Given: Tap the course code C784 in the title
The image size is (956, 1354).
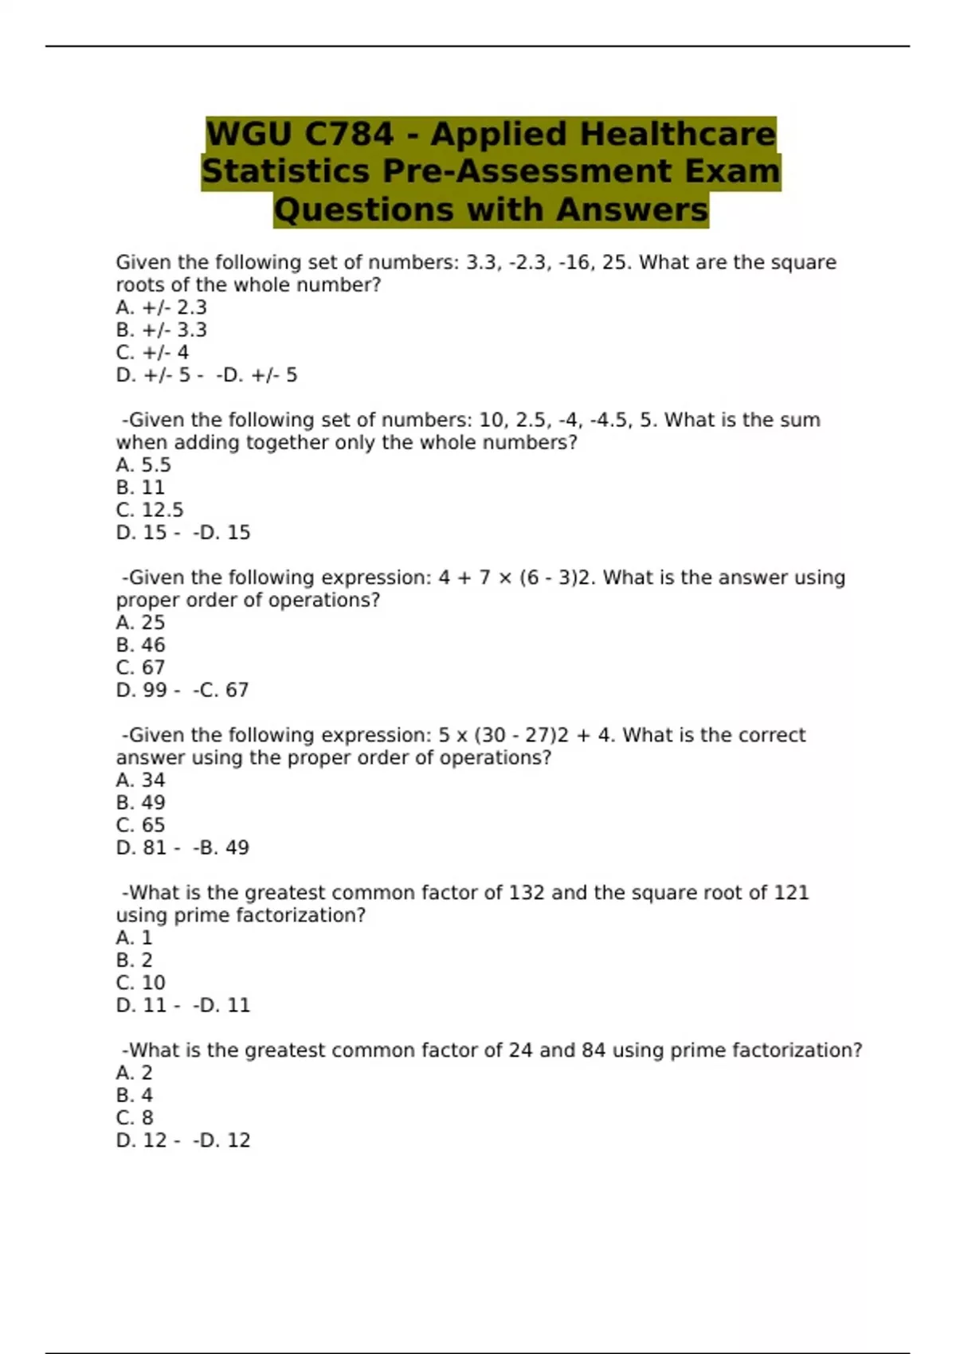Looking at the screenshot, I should (348, 134).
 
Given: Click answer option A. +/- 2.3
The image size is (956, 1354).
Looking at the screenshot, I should (161, 307).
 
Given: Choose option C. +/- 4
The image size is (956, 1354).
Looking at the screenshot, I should (152, 352).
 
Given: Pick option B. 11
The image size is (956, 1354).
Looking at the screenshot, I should (140, 487).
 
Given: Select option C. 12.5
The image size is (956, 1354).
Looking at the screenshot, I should (150, 510).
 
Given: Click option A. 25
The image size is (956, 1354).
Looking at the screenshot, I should (140, 622).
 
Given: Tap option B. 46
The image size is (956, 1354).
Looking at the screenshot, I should (140, 645).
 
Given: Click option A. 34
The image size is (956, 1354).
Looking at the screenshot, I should (140, 780).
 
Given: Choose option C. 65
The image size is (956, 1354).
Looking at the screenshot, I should (140, 825).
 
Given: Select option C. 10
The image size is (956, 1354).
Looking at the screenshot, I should (140, 983).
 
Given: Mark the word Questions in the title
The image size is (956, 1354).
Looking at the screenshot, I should (365, 209).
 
